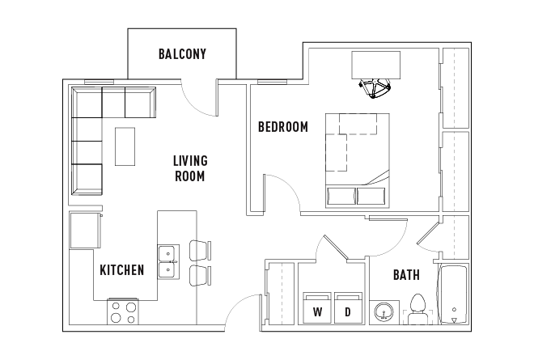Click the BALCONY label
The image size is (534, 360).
coord(182,55)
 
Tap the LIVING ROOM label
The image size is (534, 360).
coord(190,168)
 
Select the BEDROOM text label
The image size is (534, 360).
coord(282,127)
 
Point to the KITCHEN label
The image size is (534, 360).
coord(121,270)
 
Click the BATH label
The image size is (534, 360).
coord(406,275)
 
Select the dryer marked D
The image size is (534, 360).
coord(348,307)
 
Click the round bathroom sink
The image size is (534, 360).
coord(384,312)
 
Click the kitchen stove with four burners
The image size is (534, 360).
coord(124,312)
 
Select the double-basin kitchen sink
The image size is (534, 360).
coord(168,262)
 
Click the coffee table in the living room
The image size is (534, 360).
coord(125,146)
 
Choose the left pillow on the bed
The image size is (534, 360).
coord(340,196)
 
